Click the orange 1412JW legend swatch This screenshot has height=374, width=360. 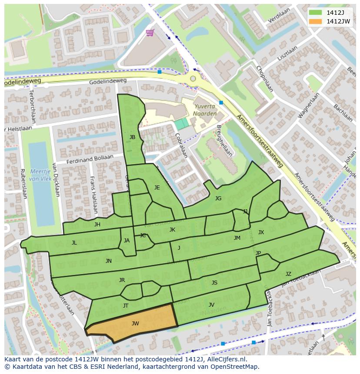(316, 21)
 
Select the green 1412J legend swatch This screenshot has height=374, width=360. (316, 13)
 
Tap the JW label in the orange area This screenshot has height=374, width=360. (135, 323)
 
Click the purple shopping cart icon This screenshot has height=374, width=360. (150, 33)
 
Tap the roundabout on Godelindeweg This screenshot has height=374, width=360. (193, 79)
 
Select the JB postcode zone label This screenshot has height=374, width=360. (132, 137)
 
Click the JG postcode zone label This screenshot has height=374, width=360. (218, 199)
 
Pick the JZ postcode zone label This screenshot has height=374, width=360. (288, 274)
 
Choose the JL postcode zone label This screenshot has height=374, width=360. (74, 243)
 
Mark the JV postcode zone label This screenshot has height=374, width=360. (211, 304)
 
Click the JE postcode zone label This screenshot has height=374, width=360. (157, 188)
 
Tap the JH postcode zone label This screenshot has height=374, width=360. (97, 225)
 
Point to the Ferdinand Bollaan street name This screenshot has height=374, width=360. (90, 159)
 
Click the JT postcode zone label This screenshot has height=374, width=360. (126, 305)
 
